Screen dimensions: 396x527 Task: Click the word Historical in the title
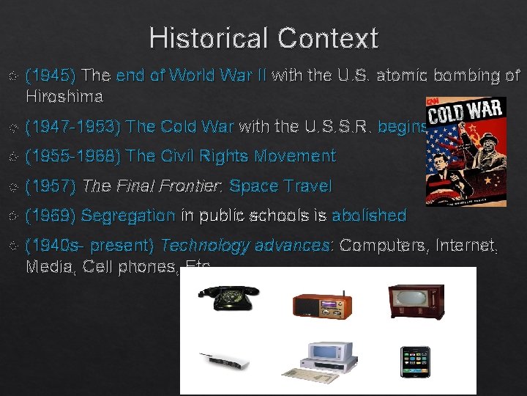pyautogui.click(x=202, y=38)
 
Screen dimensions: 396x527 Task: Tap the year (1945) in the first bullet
pyautogui.click(x=51, y=75)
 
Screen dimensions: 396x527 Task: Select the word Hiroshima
pyautogui.click(x=64, y=96)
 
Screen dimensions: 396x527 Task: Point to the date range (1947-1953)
pyautogui.click(x=72, y=127)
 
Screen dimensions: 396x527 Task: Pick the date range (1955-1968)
pyautogui.click(x=72, y=156)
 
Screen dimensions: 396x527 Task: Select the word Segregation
pyautogui.click(x=128, y=216)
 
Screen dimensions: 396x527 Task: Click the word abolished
pyautogui.click(x=369, y=216)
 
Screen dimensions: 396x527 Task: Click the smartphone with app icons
pyautogui.click(x=415, y=361)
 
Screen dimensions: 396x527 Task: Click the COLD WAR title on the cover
pyautogui.click(x=465, y=113)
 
